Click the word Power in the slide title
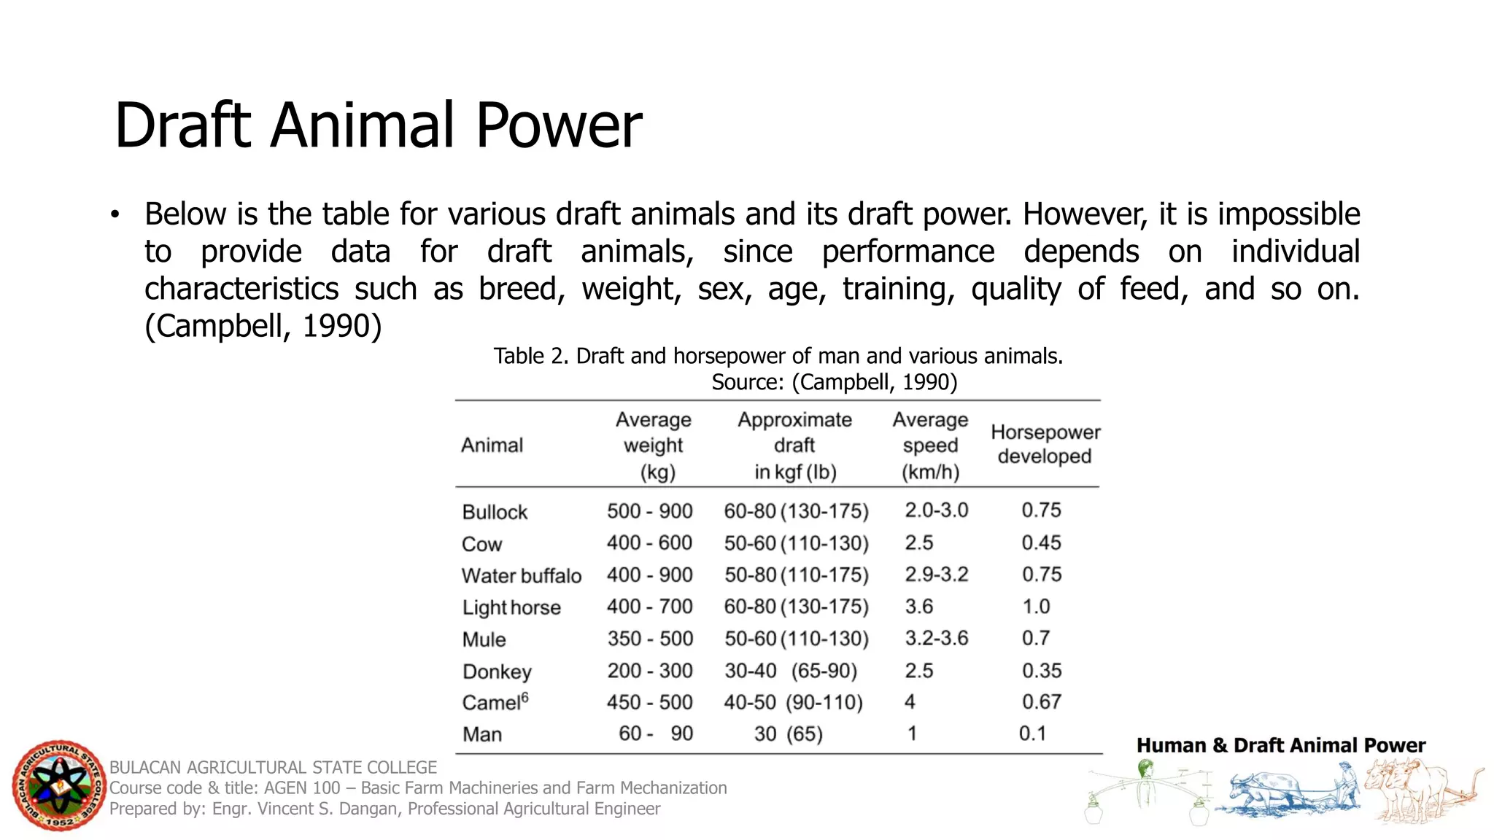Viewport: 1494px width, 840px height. click(x=559, y=125)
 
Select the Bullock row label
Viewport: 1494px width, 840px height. click(x=495, y=512)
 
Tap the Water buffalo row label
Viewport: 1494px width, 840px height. click(x=522, y=576)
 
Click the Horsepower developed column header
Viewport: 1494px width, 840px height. click(x=1045, y=444)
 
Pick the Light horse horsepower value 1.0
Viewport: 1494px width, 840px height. click(x=1036, y=607)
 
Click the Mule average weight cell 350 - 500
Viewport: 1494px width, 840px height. click(x=650, y=639)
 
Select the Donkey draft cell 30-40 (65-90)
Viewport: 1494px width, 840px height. click(x=790, y=671)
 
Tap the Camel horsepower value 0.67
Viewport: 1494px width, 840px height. click(x=1041, y=702)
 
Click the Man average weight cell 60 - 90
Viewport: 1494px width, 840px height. click(x=655, y=734)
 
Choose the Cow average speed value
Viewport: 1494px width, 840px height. click(x=919, y=543)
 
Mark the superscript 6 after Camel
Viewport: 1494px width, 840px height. click(x=525, y=696)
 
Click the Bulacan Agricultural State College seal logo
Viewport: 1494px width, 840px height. click(x=59, y=785)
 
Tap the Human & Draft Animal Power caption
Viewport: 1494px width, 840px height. click(x=1280, y=745)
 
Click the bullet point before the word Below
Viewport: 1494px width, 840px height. click(x=115, y=215)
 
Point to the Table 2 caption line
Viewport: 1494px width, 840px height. click(x=778, y=357)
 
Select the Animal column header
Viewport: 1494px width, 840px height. click(x=492, y=446)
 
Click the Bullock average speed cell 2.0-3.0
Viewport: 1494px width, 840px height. click(x=936, y=510)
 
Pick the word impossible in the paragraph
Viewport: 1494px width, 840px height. click(x=1288, y=214)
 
